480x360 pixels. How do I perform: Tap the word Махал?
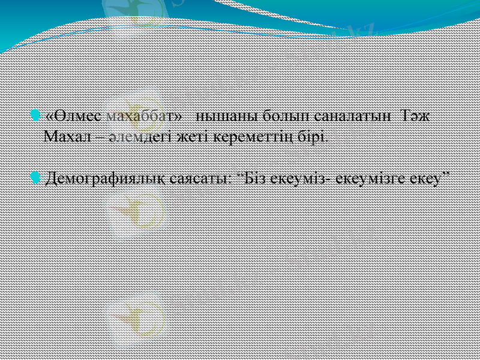(67, 136)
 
